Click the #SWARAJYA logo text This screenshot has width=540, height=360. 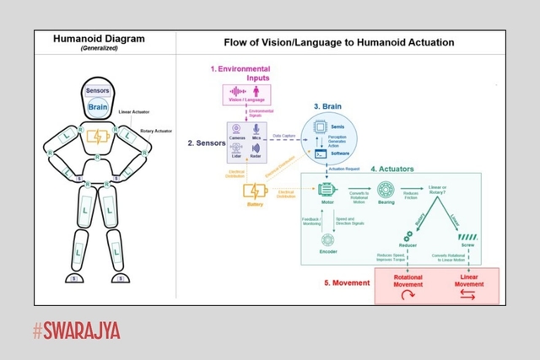(77, 330)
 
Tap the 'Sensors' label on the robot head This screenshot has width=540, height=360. (98, 91)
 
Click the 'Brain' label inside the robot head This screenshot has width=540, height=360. (98, 107)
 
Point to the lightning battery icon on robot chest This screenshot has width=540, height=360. (98, 137)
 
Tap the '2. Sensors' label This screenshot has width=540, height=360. (205, 143)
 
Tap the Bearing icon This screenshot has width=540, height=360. (387, 192)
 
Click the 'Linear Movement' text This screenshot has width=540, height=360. (470, 281)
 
